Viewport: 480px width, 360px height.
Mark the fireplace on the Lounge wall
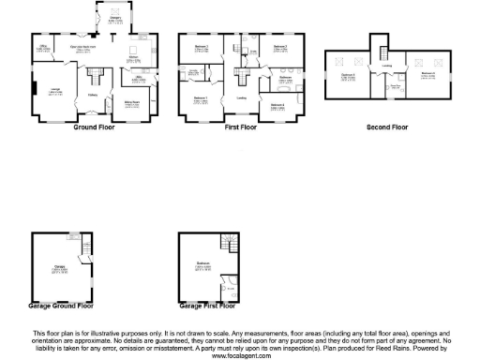pyautogui.click(x=34, y=91)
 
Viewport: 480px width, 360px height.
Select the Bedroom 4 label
pyautogui.click(x=277, y=106)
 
